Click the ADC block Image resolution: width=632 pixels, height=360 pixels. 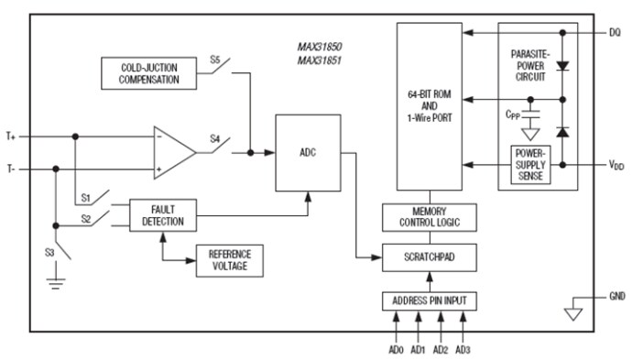point(307,153)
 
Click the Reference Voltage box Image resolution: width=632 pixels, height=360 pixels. point(229,260)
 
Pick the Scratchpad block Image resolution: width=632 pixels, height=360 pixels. point(429,259)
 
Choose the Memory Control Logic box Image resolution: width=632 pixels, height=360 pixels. point(429,217)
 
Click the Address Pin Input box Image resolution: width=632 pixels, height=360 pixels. point(429,300)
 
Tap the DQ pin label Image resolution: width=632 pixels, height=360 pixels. point(614,33)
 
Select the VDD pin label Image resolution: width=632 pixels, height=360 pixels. point(616,165)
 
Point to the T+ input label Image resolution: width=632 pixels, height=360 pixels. point(12,136)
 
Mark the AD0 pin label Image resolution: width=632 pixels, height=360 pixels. point(396,349)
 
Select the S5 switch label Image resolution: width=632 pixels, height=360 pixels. point(215,60)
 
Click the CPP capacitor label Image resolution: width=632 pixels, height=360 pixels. point(513,116)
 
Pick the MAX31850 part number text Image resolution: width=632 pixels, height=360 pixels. point(319,46)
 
